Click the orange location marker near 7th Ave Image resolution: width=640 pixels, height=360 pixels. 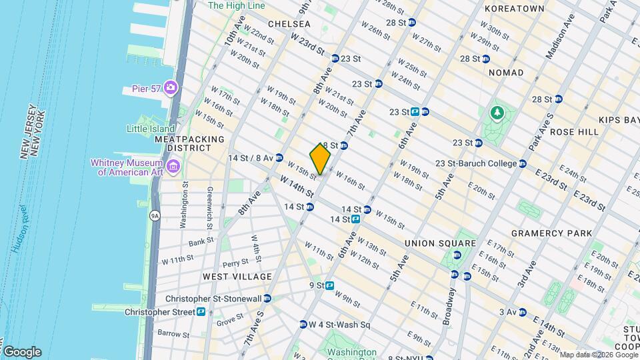point(320,159)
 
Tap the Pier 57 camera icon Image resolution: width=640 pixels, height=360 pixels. point(171,88)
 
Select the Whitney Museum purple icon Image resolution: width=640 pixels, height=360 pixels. point(173,165)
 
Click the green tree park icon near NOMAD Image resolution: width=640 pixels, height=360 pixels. point(496,113)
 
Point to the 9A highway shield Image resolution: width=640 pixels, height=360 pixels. point(155,215)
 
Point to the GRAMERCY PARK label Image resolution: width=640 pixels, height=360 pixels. point(551,233)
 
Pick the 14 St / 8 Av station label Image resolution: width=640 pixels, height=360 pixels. point(251,158)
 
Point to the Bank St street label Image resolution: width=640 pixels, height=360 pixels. point(200,241)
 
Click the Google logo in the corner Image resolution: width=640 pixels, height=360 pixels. point(21,352)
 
